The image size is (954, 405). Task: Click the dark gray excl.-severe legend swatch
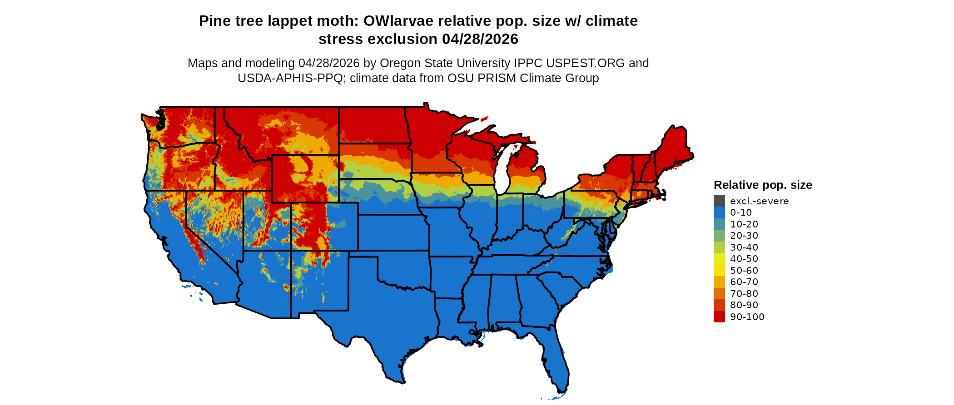point(719,201)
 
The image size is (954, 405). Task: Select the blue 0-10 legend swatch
point(719,212)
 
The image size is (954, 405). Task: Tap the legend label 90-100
point(747,317)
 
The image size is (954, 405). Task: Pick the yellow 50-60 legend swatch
point(719,270)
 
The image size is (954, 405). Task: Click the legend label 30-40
point(744,247)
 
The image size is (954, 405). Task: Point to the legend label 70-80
point(744,294)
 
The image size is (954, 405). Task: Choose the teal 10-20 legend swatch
point(719,224)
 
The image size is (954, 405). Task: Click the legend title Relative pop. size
point(763,185)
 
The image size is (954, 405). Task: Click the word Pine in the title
point(214,21)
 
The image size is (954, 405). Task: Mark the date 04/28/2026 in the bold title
point(480,39)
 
